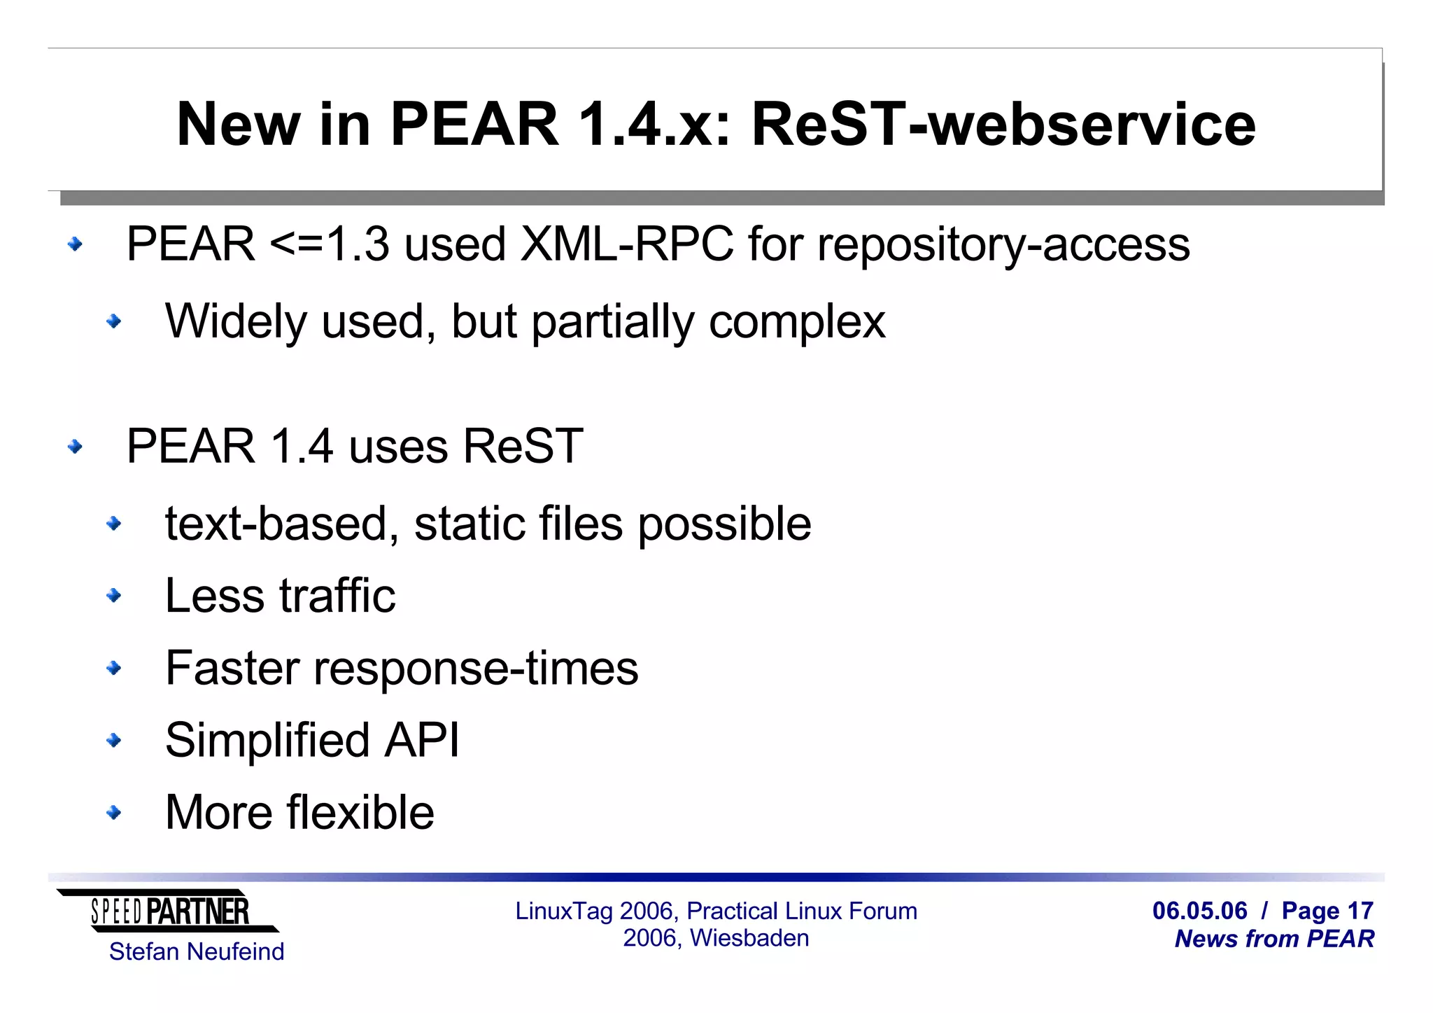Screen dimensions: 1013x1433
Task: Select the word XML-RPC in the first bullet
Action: tap(627, 244)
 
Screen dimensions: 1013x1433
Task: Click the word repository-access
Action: tap(1003, 246)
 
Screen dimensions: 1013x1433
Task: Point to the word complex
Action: tap(797, 323)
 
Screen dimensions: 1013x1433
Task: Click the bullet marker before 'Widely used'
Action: tap(113, 322)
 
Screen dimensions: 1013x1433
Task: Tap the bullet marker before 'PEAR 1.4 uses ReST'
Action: tap(75, 447)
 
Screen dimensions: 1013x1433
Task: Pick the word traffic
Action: tap(337, 596)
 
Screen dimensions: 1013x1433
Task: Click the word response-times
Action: tap(476, 669)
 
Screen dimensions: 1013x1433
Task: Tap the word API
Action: tap(422, 740)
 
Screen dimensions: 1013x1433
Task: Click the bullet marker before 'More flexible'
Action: tap(113, 812)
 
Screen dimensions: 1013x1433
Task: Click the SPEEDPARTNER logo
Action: tap(169, 911)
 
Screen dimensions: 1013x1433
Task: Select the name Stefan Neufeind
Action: tap(197, 952)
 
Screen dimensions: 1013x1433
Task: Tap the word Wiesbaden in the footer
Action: tap(749, 938)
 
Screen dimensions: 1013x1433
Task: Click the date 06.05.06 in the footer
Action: tap(1199, 911)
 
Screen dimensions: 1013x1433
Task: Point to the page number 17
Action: tap(1360, 911)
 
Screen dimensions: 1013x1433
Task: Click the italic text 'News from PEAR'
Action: tap(1274, 939)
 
